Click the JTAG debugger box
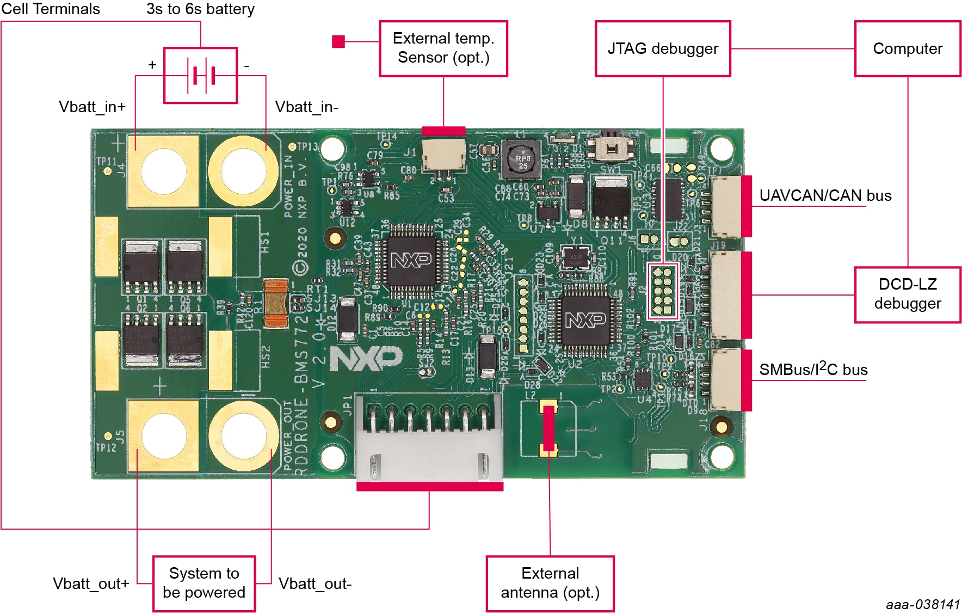point(662,49)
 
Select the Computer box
point(907,49)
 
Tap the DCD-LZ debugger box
point(907,294)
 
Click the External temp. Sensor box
point(443,48)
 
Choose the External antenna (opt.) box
point(550,583)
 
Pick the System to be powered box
point(204,583)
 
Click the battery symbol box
point(200,75)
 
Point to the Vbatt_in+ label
point(92,107)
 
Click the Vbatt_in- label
point(306,107)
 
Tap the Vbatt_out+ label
point(91,584)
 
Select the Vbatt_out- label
point(315,584)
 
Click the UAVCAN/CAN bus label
point(825,195)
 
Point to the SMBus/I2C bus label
point(813,370)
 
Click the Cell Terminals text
point(51,9)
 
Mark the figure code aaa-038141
point(923,604)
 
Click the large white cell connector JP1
point(429,438)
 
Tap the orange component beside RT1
point(275,304)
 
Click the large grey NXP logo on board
point(366,359)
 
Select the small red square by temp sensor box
point(338,41)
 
